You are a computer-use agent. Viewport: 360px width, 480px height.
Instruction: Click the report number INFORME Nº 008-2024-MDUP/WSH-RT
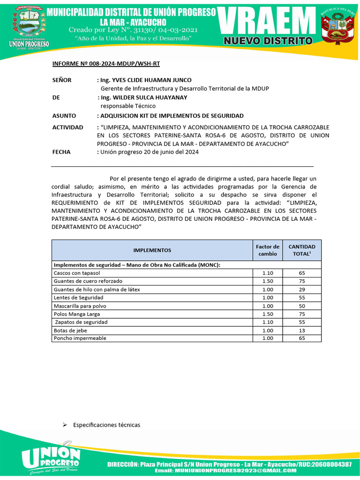[109, 64]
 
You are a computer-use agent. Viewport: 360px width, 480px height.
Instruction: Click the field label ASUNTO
[64, 115]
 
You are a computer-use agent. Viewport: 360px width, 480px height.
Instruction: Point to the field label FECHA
[61, 152]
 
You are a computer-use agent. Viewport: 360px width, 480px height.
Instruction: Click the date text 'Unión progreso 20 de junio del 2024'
[149, 152]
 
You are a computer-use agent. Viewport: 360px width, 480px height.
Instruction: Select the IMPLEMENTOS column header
[152, 250]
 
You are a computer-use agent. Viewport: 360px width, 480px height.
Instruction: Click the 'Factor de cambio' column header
[268, 250]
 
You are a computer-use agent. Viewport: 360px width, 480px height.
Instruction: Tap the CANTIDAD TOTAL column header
[302, 250]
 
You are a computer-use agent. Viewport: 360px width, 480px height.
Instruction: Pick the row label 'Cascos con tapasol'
[77, 273]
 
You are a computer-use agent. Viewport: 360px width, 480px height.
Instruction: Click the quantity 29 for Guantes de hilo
[302, 289]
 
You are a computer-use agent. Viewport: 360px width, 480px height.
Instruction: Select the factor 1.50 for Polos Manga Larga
[268, 314]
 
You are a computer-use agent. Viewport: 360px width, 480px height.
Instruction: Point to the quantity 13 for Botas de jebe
[302, 330]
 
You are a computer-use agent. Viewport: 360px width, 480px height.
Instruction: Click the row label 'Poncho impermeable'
[80, 338]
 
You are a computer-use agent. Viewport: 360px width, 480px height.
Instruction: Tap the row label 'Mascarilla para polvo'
[80, 306]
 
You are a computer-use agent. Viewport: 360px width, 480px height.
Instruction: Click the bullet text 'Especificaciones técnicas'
[106, 425]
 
